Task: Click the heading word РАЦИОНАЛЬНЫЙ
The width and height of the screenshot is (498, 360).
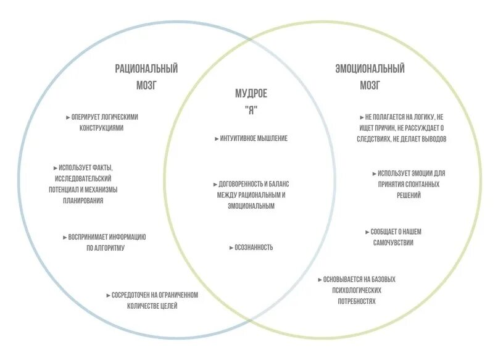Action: (151, 69)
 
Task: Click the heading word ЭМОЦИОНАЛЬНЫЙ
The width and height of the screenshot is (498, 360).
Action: (370, 69)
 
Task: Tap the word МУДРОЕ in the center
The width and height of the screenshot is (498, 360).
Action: (251, 94)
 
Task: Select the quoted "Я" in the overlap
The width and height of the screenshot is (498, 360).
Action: (251, 109)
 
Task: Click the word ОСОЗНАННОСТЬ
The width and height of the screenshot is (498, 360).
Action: (254, 248)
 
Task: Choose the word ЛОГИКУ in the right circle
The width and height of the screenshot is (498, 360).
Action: (422, 117)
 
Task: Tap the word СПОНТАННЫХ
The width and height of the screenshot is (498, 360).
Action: (421, 184)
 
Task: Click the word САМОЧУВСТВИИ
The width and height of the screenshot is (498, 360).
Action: (394, 243)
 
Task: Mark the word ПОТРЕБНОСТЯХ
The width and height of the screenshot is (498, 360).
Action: (357, 301)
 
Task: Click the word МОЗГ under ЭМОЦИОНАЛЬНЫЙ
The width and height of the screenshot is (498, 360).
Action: (370, 85)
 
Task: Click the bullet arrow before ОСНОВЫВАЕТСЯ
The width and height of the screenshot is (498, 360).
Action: (320, 280)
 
